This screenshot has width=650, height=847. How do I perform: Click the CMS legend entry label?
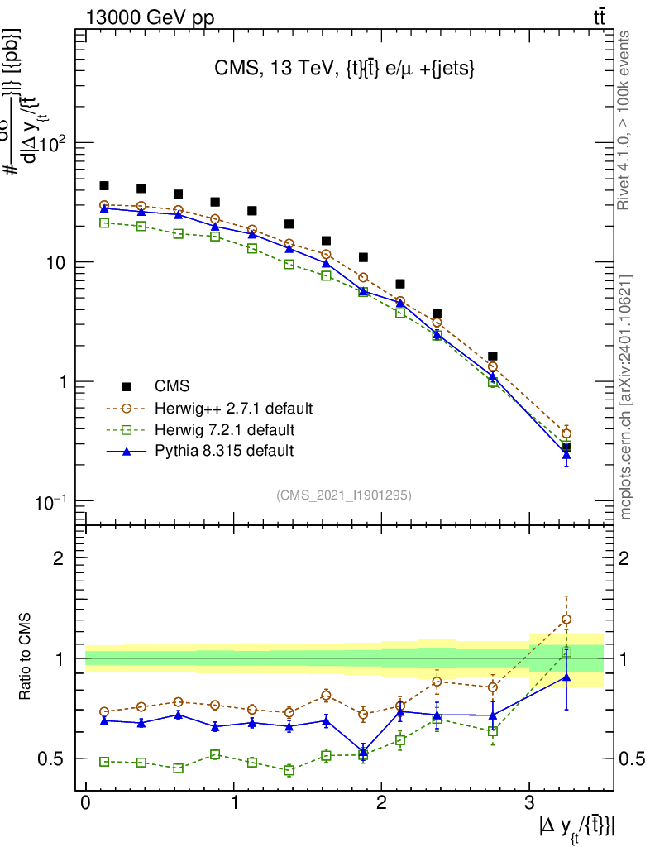coord(172,386)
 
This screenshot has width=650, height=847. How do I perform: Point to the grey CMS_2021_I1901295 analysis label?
coord(343,495)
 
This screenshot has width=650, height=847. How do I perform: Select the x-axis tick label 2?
coord(381,804)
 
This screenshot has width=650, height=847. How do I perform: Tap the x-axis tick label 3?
coord(529,804)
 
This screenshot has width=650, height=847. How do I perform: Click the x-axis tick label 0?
coord(85,804)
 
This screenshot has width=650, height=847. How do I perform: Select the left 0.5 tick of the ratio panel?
coord(51,758)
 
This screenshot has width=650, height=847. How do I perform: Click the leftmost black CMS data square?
coord(104,186)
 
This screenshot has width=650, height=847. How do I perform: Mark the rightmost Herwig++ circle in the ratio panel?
coord(566,619)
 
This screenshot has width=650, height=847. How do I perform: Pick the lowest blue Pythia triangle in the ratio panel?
coord(363,752)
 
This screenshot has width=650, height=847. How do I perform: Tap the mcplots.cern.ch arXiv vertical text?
coord(626,397)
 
